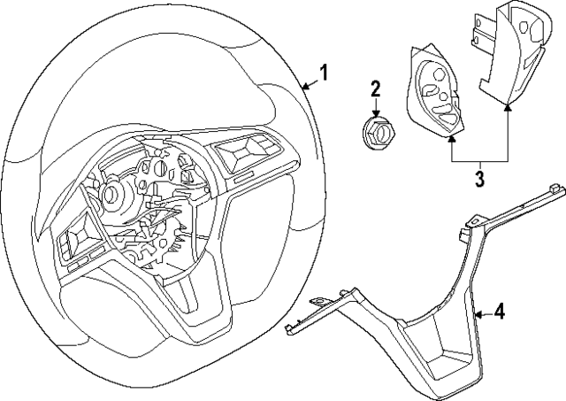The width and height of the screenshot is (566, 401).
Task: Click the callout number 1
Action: (324, 73)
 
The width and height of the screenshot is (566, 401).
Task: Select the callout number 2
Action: (375, 89)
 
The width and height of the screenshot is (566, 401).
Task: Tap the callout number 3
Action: (478, 180)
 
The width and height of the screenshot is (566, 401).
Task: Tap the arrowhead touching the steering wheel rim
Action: (303, 87)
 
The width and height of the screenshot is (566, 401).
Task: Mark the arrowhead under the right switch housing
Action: (508, 106)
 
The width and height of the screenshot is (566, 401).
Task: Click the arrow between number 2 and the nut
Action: (374, 108)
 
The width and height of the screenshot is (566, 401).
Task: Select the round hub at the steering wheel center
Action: (114, 192)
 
